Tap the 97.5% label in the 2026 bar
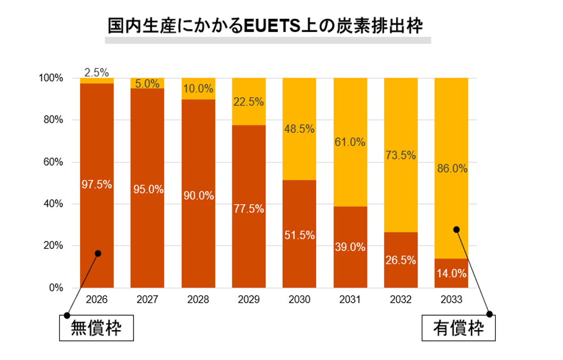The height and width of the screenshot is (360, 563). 97,184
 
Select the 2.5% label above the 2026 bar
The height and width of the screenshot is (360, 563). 97,72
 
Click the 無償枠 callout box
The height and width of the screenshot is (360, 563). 96,328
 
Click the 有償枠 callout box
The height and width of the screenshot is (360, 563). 459,328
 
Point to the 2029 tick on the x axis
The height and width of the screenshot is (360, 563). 248,300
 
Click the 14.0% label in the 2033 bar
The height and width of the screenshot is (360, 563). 452,273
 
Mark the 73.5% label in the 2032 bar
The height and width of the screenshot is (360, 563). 401,155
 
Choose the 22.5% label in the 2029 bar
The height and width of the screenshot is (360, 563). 248,102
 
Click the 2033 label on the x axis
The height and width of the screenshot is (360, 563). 452,300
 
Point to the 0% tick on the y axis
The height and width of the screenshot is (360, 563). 56,288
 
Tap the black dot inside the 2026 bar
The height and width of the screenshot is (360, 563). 98,253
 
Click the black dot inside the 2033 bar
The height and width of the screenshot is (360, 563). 456,230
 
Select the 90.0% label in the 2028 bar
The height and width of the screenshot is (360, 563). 198,196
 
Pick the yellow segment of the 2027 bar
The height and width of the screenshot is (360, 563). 147,83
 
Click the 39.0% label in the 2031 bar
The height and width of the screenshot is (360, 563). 350,247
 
